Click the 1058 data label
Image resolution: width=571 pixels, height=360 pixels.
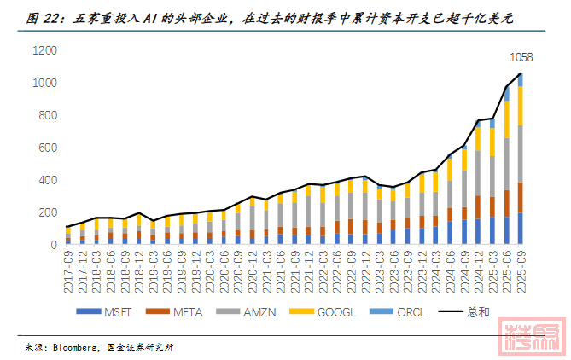[521, 58]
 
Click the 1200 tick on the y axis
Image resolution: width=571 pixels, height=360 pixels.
[44, 51]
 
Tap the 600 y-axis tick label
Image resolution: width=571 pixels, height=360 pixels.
[47, 148]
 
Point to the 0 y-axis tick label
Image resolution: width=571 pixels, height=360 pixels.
[53, 244]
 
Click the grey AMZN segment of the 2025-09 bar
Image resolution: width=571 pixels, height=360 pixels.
[520, 154]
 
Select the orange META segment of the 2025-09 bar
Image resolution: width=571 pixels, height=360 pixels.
[520, 197]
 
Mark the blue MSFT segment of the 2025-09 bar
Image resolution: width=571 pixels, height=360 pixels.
[520, 229]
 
